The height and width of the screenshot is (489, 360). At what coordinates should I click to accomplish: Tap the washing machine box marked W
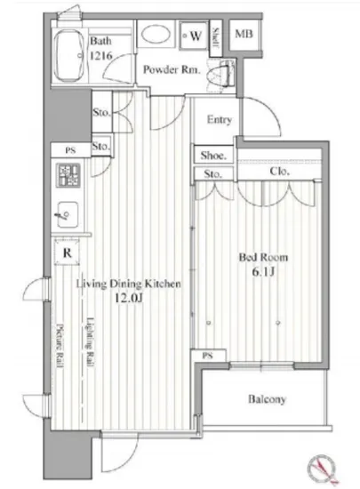194,36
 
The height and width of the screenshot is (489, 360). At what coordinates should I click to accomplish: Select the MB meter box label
244,34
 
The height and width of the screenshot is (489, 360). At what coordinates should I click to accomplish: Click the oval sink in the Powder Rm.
156,35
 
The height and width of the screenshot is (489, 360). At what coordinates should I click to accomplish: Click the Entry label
220,119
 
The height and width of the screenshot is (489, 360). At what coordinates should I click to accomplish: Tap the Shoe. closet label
213,155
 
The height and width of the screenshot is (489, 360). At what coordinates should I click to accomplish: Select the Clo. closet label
280,171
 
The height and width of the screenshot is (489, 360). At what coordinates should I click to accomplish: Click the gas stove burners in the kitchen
68,175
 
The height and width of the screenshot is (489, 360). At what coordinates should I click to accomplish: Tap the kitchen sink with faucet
67,214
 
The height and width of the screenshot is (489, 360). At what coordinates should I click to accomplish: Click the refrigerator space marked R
67,253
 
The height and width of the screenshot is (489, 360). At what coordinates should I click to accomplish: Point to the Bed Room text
263,257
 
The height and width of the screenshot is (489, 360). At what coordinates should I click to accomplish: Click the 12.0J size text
128,299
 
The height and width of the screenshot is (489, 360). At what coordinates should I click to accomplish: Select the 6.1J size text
263,272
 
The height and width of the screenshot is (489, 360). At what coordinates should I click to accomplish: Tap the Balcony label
267,399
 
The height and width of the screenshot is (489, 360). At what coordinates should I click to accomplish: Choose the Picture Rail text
60,346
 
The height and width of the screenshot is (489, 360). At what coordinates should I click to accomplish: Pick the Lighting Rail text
90,341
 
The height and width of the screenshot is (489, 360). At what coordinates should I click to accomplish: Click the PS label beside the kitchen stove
70,150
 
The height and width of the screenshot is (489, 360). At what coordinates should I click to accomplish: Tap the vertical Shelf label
215,37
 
